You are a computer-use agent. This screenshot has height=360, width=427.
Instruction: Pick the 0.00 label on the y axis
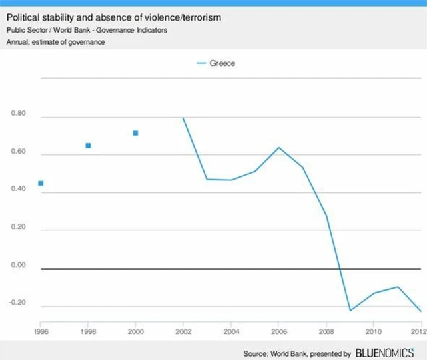point(19,265)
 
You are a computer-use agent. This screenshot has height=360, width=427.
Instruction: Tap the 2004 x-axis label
point(230,330)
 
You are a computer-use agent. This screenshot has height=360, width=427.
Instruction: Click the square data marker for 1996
point(41,183)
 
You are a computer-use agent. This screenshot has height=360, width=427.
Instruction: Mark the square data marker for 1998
point(88,146)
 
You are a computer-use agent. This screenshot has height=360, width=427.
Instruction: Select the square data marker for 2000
point(135,133)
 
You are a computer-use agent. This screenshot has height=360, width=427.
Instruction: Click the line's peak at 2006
point(278,148)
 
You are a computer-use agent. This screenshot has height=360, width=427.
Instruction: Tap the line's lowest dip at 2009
point(350,311)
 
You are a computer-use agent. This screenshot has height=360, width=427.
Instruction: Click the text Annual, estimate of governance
point(57,42)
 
